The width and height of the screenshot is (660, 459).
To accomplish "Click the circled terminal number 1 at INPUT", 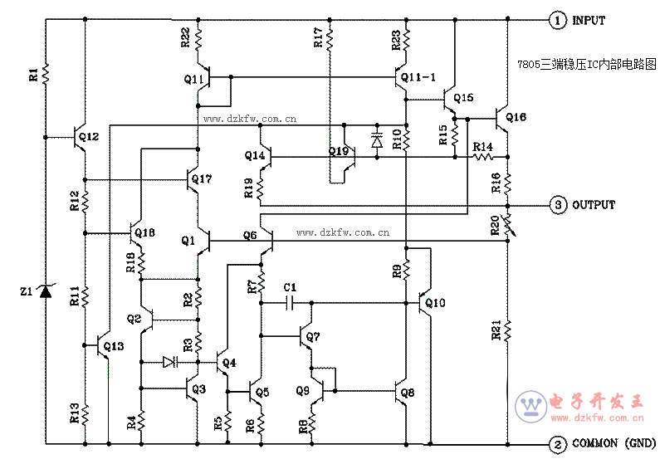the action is [x=558, y=20].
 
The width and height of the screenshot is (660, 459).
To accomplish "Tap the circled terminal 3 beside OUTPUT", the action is [x=558, y=205].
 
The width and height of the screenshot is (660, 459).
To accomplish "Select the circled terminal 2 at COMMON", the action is [x=558, y=444].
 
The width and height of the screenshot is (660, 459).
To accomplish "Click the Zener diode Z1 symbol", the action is [x=45, y=291].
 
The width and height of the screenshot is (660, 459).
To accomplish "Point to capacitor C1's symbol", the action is [x=289, y=302].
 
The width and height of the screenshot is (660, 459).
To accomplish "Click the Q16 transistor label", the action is [x=516, y=117].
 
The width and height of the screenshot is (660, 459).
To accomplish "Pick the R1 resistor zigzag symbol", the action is [x=46, y=73].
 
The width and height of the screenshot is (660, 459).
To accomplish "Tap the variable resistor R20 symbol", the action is [x=508, y=225].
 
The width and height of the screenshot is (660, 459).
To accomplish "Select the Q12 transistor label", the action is [x=89, y=136].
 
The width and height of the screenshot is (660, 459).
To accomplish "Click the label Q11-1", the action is [x=418, y=77].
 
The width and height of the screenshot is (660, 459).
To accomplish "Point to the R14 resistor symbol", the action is [x=483, y=157].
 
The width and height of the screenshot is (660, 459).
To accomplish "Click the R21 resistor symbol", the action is [x=507, y=330].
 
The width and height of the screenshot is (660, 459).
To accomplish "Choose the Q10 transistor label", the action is [x=435, y=302].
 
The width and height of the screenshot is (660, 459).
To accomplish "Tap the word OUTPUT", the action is [x=594, y=205].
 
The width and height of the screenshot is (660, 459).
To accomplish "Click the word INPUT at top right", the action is [x=589, y=20].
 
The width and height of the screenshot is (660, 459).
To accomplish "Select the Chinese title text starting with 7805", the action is [x=587, y=65].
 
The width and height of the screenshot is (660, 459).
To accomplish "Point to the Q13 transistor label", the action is [x=114, y=346].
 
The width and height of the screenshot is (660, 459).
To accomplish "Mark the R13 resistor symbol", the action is [x=85, y=415].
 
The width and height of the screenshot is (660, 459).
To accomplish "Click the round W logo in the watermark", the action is [x=531, y=407].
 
